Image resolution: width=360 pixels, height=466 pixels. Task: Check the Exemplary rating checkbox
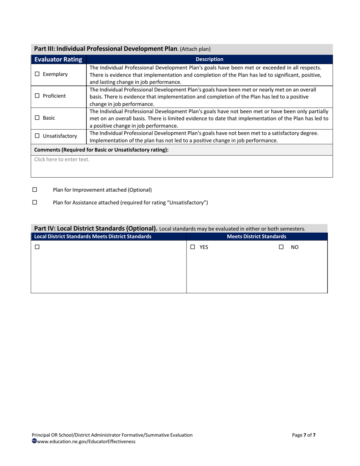click(x=37, y=74)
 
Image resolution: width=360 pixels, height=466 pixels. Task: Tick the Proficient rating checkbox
click(x=37, y=96)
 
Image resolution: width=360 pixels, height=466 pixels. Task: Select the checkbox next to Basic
click(x=37, y=118)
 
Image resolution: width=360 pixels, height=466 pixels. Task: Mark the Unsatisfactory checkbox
click(x=37, y=136)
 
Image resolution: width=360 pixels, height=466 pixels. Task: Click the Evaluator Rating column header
click(x=58, y=59)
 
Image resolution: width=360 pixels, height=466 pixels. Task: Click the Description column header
click(x=209, y=59)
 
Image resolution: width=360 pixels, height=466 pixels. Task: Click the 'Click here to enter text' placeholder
click(x=62, y=160)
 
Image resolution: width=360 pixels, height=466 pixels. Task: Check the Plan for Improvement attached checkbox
click(x=35, y=189)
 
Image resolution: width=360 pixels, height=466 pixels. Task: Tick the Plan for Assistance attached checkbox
click(x=35, y=202)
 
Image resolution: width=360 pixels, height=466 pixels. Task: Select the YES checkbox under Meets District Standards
click(x=193, y=247)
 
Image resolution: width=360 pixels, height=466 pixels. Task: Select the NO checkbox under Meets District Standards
click(x=281, y=247)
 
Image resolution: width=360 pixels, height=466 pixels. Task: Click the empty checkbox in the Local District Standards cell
click(x=37, y=247)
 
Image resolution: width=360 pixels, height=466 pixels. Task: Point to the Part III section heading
click(x=106, y=49)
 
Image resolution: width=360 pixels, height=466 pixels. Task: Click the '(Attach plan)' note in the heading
click(x=195, y=49)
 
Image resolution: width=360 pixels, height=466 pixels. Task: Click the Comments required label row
click(x=101, y=150)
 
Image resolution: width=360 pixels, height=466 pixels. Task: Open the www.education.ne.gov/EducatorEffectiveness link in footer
click(x=86, y=441)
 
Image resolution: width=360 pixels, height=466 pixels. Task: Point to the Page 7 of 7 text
click(x=304, y=435)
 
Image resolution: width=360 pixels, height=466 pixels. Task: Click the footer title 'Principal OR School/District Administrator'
click(x=112, y=435)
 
